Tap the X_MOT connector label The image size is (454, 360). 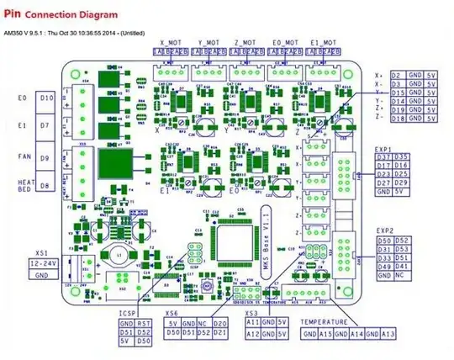(171, 42)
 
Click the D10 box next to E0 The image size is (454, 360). (47, 99)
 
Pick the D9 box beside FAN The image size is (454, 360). (47, 156)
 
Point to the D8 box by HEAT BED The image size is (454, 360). (47, 184)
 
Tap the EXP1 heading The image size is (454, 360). (385, 150)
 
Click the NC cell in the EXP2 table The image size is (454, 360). (402, 274)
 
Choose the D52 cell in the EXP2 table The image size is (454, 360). (402, 240)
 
